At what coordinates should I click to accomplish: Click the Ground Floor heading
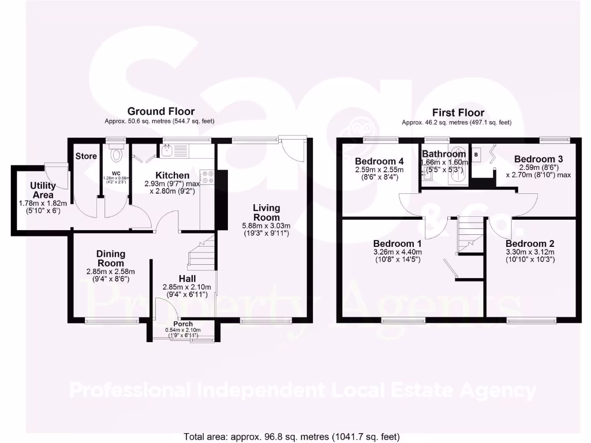pyautogui.click(x=161, y=111)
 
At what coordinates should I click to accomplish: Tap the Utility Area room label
pyautogui.click(x=43, y=190)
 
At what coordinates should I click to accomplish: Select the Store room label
pyautogui.click(x=86, y=156)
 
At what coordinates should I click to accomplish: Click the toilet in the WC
pyautogui.click(x=117, y=154)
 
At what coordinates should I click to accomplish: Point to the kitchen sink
pyautogui.click(x=167, y=151)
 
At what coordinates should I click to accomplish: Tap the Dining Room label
pyautogui.click(x=111, y=258)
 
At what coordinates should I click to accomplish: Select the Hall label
pyautogui.click(x=186, y=279)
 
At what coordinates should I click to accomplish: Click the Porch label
pyautogui.click(x=184, y=324)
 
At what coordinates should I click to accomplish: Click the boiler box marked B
pyautogui.click(x=477, y=155)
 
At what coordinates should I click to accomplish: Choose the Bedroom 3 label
pyautogui.click(x=538, y=159)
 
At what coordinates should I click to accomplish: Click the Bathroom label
pyautogui.click(x=443, y=154)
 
